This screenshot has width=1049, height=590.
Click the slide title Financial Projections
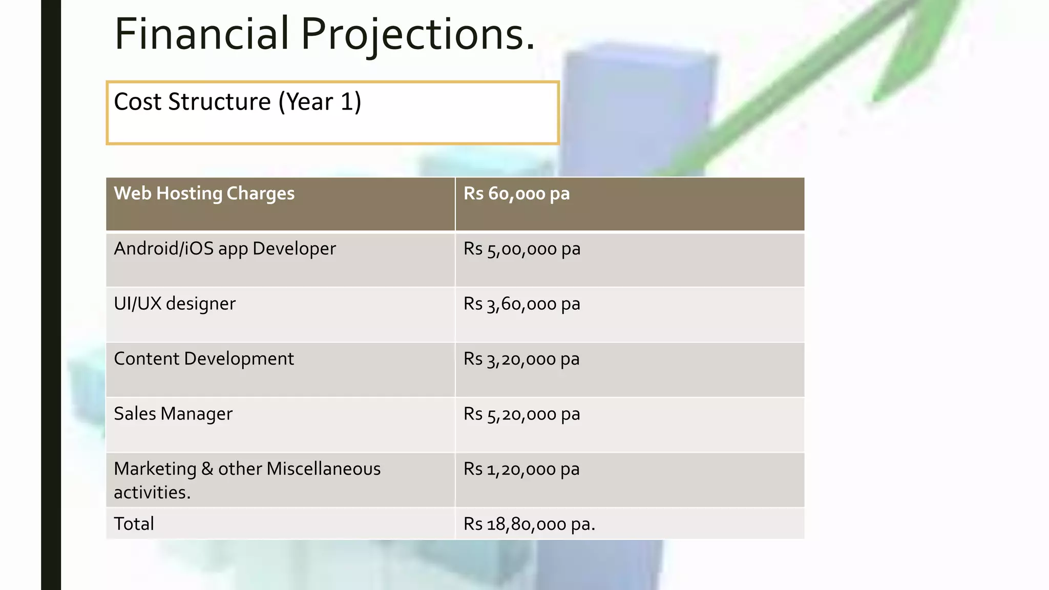click(x=324, y=34)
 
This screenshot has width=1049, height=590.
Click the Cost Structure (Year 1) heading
click(x=237, y=101)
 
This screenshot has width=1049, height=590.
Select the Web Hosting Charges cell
click(x=204, y=194)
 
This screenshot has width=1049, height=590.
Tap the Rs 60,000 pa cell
click(x=516, y=194)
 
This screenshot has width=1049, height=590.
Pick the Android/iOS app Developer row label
click(x=224, y=249)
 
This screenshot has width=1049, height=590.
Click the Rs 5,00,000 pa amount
click(x=521, y=249)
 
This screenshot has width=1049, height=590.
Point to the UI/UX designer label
click(x=174, y=304)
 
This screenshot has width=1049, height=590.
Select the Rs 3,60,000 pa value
click(x=521, y=304)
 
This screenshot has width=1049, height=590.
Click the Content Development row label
click(x=203, y=359)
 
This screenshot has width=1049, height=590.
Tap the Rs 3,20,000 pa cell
click(x=521, y=359)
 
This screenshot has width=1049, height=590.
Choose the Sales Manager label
click(x=173, y=414)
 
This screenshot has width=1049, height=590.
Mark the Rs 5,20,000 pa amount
click(x=521, y=414)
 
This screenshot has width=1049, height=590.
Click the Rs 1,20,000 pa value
click(x=521, y=469)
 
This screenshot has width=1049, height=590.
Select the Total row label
click(x=134, y=524)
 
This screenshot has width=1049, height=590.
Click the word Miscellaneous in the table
click(x=323, y=469)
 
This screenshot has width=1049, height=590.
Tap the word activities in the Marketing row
click(x=152, y=493)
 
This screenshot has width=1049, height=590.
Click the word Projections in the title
click(x=417, y=35)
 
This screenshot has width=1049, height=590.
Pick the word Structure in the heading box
click(x=219, y=101)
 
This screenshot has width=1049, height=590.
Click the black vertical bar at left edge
click(x=51, y=295)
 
